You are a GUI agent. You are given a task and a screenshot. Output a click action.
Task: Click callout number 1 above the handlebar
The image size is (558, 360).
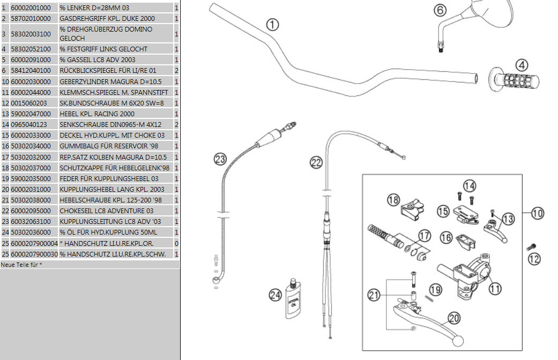(272, 24)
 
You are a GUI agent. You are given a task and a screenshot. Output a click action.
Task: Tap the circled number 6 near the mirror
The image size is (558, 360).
(438, 10)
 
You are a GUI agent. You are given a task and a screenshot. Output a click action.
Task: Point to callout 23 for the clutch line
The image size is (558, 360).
(220, 159)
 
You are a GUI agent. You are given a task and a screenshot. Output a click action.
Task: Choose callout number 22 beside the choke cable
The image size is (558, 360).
(317, 162)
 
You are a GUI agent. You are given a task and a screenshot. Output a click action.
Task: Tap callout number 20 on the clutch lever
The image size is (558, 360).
(454, 318)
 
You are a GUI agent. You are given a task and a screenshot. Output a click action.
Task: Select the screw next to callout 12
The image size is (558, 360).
(531, 247)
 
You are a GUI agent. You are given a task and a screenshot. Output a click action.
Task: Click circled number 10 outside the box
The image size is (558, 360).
(538, 213)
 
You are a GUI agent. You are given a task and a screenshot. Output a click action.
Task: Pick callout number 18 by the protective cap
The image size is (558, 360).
(393, 200)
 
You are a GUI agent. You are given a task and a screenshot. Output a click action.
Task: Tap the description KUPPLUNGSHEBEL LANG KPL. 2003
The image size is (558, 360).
(113, 189)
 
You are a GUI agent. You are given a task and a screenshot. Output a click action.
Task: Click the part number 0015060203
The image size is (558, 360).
(28, 103)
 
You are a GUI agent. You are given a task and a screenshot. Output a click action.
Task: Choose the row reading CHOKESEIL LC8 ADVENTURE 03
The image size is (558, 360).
(107, 211)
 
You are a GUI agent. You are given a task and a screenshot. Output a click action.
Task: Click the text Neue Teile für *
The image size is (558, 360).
(21, 265)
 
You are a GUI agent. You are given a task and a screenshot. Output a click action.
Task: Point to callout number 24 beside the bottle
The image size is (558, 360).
(275, 294)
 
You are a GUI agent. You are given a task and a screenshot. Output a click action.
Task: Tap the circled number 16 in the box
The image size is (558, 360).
(446, 237)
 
